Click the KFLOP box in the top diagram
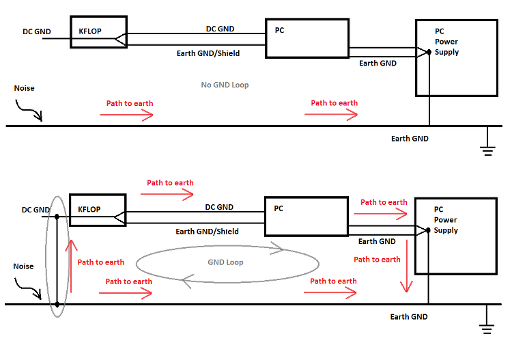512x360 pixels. (x=98, y=32)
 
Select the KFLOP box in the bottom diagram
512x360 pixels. (x=98, y=210)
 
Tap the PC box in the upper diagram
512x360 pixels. (x=307, y=38)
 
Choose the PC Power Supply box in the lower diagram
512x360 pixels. (x=455, y=236)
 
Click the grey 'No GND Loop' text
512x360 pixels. (x=225, y=85)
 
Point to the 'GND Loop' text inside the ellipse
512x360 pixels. (x=225, y=262)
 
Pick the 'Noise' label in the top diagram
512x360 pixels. (x=24, y=88)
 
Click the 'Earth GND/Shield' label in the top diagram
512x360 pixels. (x=208, y=53)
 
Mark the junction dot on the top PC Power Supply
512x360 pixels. (x=429, y=52)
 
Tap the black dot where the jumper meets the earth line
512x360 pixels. (x=57, y=304)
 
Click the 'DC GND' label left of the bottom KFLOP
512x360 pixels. (x=35, y=210)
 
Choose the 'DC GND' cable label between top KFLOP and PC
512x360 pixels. (x=220, y=29)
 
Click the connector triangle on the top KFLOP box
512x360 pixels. (x=120, y=40)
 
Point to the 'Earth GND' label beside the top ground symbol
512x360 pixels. (x=410, y=139)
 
